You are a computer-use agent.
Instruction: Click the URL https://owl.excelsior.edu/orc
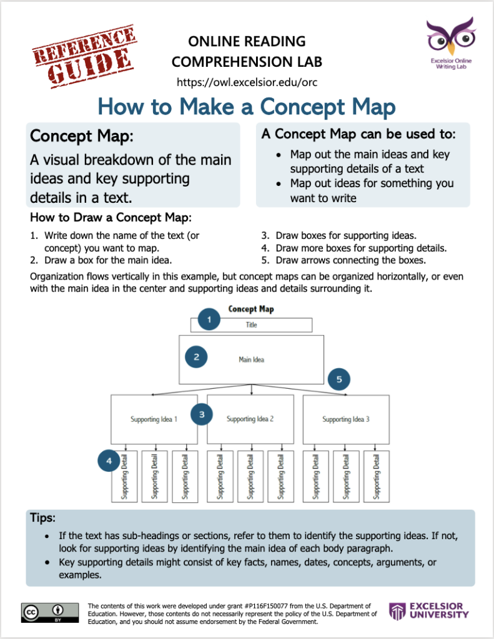[x=247, y=82]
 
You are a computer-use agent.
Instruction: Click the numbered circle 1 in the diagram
[x=210, y=320]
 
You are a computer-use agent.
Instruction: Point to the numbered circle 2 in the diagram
[x=196, y=357]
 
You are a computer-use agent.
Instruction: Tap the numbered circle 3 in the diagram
[x=202, y=414]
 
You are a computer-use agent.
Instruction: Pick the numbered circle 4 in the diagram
[x=109, y=461]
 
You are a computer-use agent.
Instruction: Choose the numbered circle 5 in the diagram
[x=339, y=378]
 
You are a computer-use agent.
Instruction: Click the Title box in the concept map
[x=251, y=325]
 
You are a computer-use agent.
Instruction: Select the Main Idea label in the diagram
[x=251, y=359]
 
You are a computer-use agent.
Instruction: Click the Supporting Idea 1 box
[x=154, y=419]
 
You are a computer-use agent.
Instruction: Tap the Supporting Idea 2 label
[x=250, y=419]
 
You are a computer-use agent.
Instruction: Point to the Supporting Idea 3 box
[x=346, y=419]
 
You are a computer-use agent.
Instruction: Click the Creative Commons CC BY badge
[x=50, y=613]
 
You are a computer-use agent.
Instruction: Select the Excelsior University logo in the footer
[x=429, y=611]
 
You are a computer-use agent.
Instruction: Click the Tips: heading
[x=43, y=519]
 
